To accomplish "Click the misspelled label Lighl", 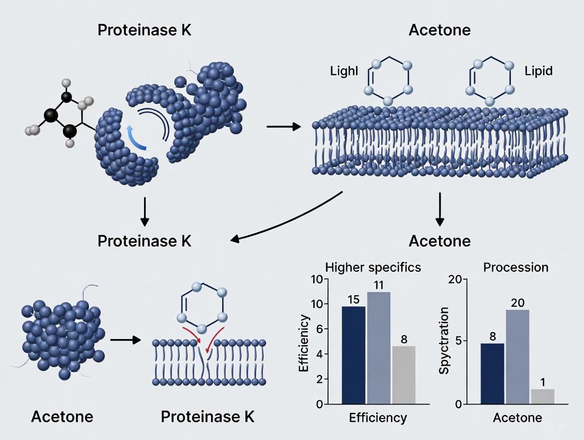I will click(343, 71).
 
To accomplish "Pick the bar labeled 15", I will click(353, 355).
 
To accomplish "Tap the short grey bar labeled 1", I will click(542, 396).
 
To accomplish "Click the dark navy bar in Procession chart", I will click(492, 373).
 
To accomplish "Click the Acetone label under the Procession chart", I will click(517, 418).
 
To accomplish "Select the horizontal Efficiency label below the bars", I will click(378, 418).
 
